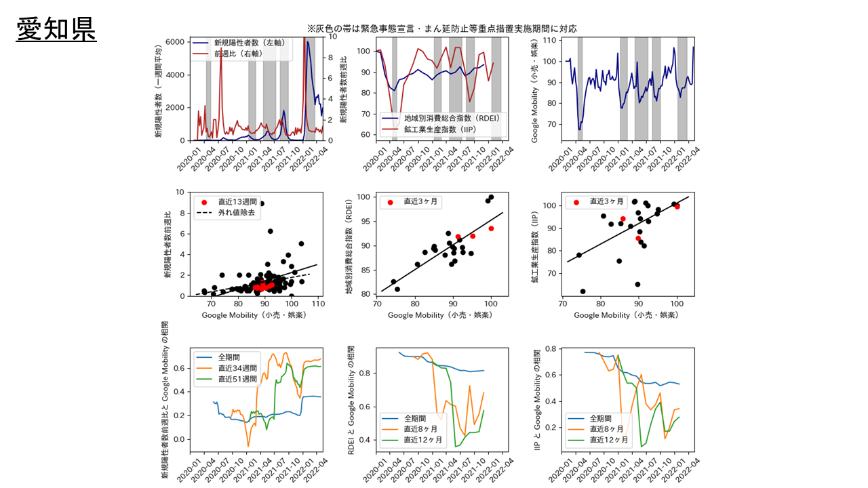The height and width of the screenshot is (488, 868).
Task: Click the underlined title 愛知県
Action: point(57,30)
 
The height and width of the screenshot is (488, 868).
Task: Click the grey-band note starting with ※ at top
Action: point(441,28)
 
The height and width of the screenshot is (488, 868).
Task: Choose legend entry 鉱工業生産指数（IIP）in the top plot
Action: point(442,128)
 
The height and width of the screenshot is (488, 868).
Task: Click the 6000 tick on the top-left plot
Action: point(174,41)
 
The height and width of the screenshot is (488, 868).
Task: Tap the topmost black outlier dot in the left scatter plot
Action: point(262,203)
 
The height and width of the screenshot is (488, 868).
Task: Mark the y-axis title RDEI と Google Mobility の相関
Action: point(351,401)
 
